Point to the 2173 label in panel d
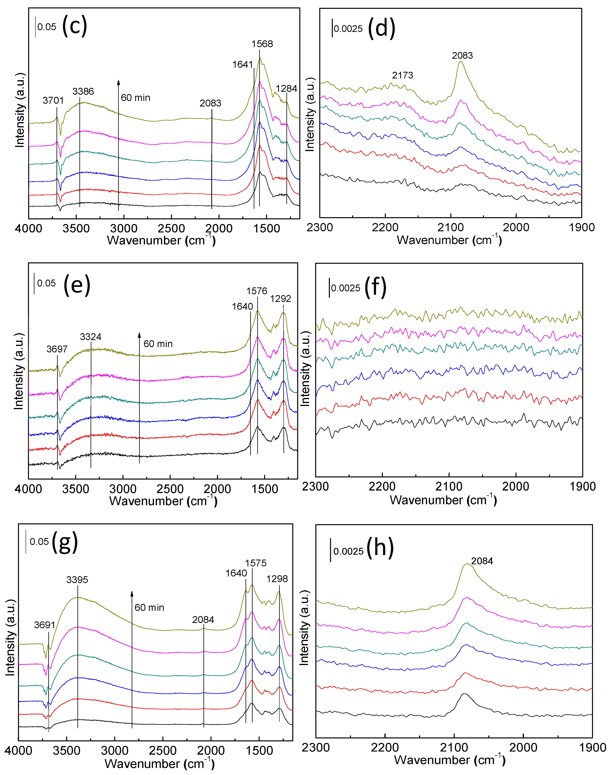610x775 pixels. pos(402,75)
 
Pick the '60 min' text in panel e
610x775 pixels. pos(158,344)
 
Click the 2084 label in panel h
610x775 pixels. pos(482,561)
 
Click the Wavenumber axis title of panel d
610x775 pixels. pos(449,240)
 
